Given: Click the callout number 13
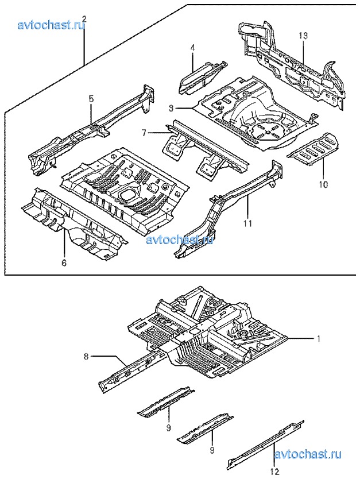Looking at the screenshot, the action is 303,36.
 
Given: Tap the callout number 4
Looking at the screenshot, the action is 193,48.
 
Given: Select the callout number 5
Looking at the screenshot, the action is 91,99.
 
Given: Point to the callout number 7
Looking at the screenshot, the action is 144,133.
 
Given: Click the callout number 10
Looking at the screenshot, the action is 324,184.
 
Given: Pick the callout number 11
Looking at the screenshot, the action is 248,223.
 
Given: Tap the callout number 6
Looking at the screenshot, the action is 64,262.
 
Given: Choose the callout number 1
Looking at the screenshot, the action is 319,338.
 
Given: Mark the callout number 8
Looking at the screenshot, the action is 86,356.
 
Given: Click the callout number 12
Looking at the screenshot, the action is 275,472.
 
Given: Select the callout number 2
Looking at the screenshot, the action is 84,19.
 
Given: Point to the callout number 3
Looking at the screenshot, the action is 171,108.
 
